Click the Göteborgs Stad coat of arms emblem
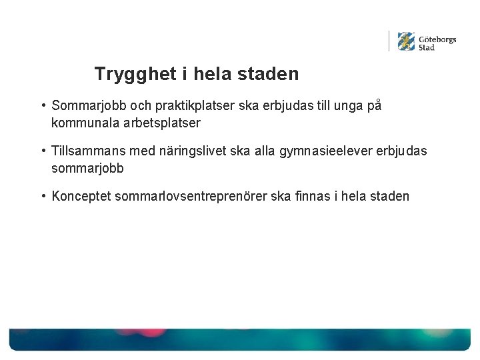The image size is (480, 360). tap(406, 42)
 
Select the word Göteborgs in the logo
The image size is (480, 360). tap(437, 39)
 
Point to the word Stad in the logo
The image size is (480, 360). tap(427, 48)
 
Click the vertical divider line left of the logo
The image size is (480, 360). tap(389, 41)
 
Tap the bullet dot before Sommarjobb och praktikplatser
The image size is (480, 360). tap(42, 106)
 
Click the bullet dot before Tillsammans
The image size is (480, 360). tap(42, 151)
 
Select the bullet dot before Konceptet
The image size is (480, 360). tap(42, 197)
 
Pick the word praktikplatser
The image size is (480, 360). tap(178, 106)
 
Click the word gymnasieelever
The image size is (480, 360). tap(329, 151)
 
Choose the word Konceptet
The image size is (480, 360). tap(81, 197)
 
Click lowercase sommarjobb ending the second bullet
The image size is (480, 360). tap(87, 169)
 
